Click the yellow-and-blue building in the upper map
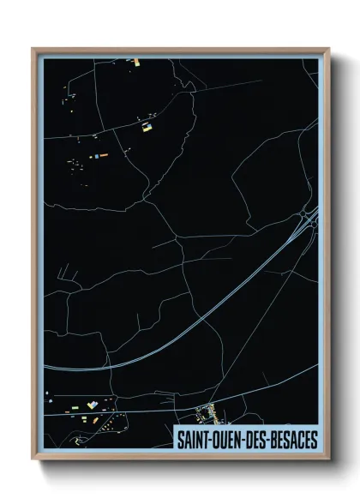tap(147, 128)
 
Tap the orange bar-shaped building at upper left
tap(96, 157)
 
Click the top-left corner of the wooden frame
tap(34, 49)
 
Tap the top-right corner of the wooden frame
tap(327, 49)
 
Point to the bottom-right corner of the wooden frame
tap(327, 459)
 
